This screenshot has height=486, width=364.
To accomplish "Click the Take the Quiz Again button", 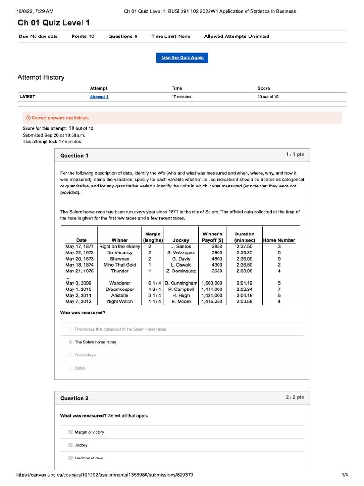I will click(182, 57).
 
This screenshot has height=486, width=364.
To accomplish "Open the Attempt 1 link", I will click(99, 97).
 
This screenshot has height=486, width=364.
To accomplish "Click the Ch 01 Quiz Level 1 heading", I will click(54, 23).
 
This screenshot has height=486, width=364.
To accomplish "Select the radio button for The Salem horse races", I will click(70, 342).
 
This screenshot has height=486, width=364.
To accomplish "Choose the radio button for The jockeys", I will click(70, 355).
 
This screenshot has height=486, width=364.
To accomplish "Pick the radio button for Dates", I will click(70, 368).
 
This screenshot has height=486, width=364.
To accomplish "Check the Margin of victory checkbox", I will click(70, 432).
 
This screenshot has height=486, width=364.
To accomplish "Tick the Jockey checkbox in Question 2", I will click(70, 445).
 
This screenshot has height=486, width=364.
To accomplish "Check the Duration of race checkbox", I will click(70, 458).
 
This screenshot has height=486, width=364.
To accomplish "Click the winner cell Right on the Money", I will click(120, 247).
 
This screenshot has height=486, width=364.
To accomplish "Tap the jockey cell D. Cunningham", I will click(182, 283).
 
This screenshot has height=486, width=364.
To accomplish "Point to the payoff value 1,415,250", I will click(211, 301).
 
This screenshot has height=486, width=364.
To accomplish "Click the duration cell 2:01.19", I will click(244, 283).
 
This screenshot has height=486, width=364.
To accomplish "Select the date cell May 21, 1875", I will click(79, 271).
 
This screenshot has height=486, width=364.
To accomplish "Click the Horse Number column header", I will click(279, 240).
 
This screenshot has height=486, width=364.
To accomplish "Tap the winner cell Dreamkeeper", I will click(119, 290).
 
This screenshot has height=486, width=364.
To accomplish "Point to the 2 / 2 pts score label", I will click(294, 397).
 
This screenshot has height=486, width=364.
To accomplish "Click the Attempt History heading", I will click(41, 77).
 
